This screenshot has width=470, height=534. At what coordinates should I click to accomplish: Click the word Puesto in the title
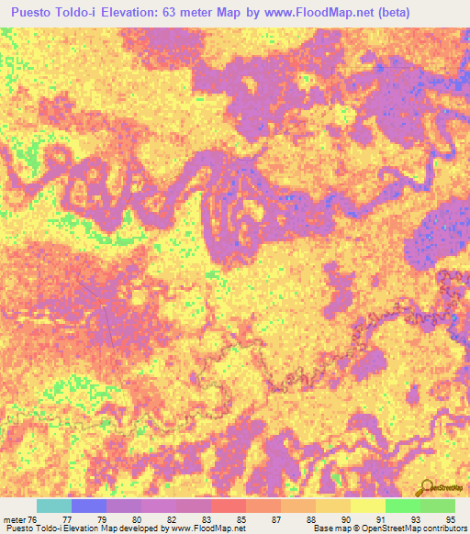pos(35,13)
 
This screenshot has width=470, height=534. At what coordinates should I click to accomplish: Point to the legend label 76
pos(33,518)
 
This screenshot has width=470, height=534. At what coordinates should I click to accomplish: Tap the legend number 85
pos(240,518)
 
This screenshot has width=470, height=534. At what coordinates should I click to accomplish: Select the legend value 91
pos(379,518)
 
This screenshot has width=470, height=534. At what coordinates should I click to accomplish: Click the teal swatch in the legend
pos(54,506)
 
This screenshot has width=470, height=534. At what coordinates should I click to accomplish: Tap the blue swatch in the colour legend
pos(89,506)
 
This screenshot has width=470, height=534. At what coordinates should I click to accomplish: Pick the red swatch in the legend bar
pos(228,506)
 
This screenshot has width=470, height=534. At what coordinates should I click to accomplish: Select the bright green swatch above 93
pos(402,506)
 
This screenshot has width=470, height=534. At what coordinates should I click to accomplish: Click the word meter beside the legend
pos(14,518)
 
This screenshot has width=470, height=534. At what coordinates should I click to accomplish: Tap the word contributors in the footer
pos(444,528)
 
